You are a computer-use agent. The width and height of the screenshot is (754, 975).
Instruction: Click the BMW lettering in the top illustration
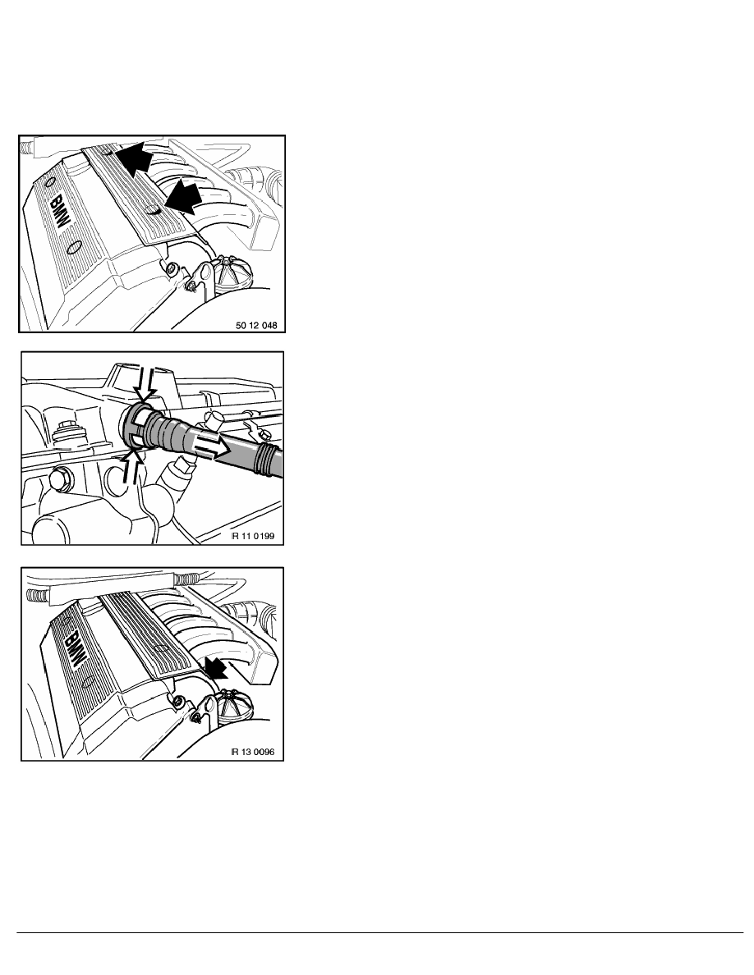click(60, 212)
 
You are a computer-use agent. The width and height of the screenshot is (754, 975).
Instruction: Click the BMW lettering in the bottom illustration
click(74, 649)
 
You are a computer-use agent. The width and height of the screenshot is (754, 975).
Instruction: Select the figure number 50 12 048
click(256, 325)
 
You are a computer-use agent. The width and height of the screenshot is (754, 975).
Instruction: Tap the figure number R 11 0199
click(253, 536)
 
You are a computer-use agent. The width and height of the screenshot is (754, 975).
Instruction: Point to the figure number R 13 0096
click(253, 752)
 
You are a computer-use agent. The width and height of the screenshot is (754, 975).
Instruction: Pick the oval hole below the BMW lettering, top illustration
click(74, 248)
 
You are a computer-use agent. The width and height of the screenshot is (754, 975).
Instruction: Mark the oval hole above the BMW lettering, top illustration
click(50, 184)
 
